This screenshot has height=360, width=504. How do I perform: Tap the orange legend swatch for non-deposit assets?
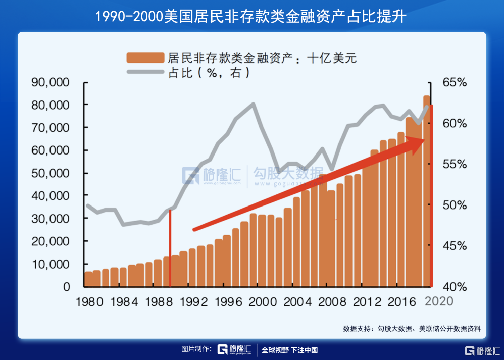[x=145, y=57]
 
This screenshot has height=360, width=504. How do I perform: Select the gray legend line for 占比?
[x=145, y=72]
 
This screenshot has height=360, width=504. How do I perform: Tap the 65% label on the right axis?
[x=455, y=82]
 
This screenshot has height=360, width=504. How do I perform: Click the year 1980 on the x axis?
[x=89, y=302]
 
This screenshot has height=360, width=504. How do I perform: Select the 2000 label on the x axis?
[x=259, y=302]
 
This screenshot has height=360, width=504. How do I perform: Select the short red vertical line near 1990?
[x=171, y=247]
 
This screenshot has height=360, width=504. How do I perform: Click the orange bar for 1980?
[x=88, y=279]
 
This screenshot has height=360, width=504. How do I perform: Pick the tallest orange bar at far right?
[x=427, y=192]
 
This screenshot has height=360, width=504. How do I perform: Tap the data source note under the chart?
[x=412, y=329]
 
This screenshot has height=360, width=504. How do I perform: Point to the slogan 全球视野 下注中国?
[x=289, y=350]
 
